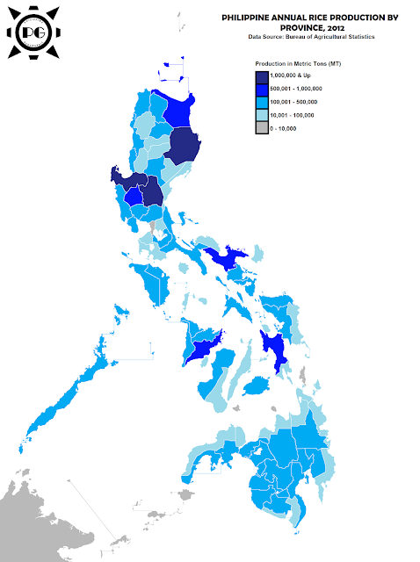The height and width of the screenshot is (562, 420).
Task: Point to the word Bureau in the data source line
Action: (298, 37)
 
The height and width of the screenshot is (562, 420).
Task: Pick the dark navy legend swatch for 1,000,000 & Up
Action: (261, 77)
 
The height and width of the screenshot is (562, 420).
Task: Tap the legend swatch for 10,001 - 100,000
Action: (261, 115)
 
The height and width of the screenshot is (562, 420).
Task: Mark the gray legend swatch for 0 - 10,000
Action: (261, 127)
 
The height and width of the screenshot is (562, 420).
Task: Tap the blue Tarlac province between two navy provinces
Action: (134, 195)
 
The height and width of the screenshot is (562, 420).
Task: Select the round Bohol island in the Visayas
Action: (256, 386)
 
